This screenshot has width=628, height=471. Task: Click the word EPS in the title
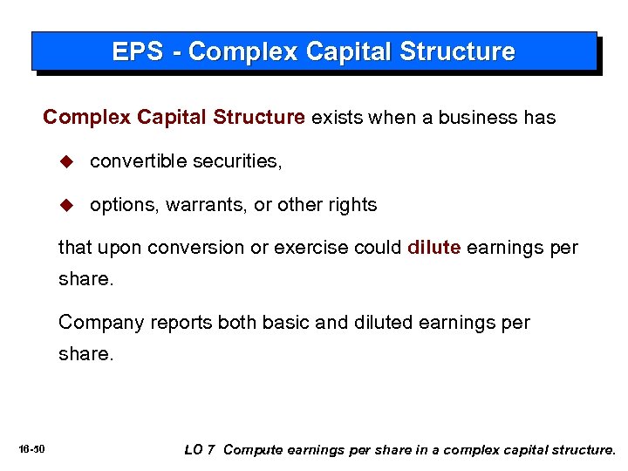click(135, 51)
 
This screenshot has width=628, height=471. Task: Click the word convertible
click(138, 161)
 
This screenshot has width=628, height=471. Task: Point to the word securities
click(235, 161)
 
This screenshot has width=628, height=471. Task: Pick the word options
click(119, 205)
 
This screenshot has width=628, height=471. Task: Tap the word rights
click(352, 205)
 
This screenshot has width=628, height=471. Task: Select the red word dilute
click(433, 247)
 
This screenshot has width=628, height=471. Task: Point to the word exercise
click(307, 248)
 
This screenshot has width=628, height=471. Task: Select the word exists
click(338, 117)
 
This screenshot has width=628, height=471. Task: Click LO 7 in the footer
click(199, 450)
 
